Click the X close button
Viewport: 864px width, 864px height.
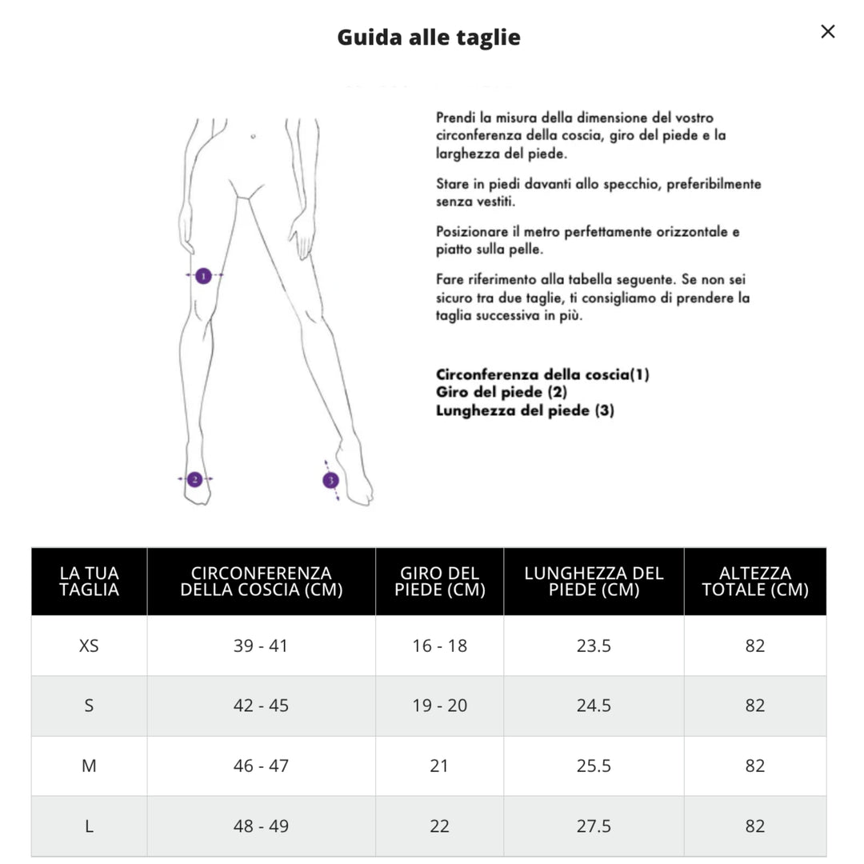(828, 32)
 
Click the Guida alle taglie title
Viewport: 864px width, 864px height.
(429, 38)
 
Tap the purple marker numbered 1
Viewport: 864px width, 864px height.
(203, 276)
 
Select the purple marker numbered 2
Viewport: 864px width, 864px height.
(194, 479)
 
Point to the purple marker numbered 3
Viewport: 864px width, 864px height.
(330, 481)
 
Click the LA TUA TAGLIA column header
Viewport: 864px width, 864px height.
(89, 582)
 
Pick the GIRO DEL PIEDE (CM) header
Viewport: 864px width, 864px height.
(439, 582)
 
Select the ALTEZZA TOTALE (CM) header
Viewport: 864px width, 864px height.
(754, 582)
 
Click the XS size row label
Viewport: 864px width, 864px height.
(89, 646)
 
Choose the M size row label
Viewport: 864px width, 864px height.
(89, 766)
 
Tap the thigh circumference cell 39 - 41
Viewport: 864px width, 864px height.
(261, 646)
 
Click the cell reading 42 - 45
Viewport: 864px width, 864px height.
(261, 706)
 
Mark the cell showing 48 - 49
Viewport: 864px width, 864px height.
(261, 826)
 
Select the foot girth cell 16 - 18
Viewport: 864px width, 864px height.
(439, 646)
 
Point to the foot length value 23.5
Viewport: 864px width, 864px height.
(594, 646)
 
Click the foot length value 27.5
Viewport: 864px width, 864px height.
(594, 826)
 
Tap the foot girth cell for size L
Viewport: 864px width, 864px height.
(439, 826)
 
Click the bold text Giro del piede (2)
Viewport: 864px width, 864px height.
(502, 392)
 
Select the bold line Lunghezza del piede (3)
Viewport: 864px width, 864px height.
(525, 410)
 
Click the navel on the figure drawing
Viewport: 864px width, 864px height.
(253, 137)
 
